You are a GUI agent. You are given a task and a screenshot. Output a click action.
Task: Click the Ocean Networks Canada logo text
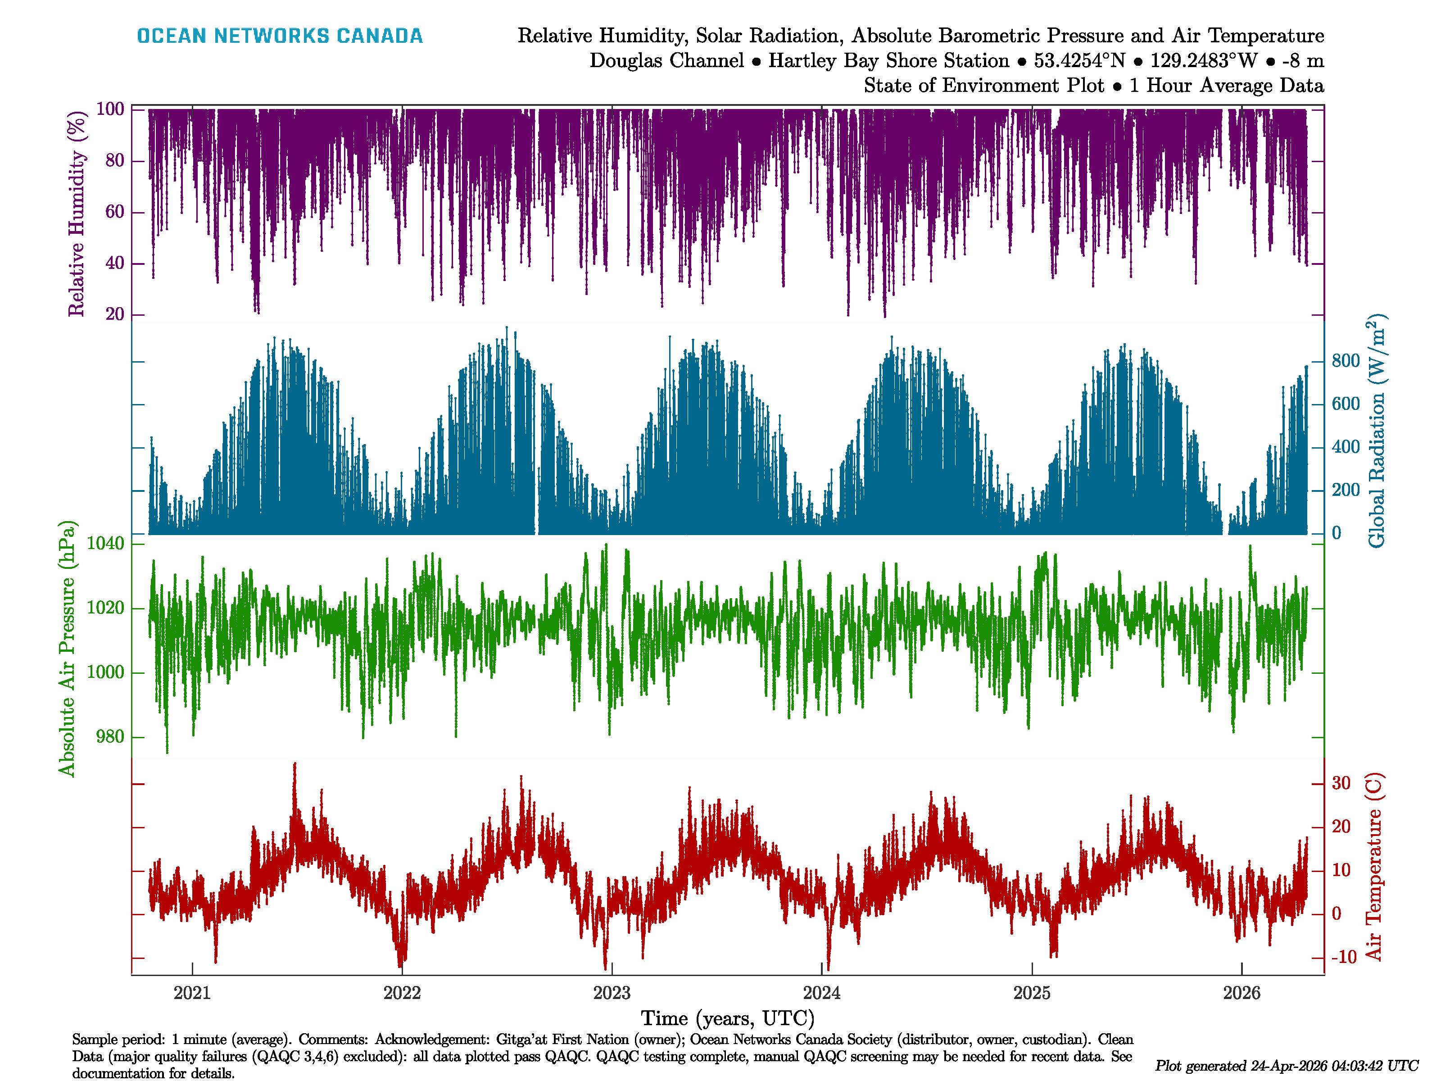280,36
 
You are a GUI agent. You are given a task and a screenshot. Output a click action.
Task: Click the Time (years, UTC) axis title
728,1018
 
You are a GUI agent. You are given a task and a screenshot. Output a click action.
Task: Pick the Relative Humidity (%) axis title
77,214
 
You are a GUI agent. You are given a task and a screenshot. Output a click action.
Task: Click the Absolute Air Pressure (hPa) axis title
67,648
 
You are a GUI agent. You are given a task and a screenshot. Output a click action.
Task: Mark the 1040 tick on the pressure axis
105,544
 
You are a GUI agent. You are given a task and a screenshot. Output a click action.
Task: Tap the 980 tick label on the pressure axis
109,737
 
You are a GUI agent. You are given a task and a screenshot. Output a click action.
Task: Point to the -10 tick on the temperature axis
1343,957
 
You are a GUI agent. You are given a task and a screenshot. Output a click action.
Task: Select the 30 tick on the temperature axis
1341,783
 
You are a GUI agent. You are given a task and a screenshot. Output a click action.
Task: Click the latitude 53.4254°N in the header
1079,61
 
